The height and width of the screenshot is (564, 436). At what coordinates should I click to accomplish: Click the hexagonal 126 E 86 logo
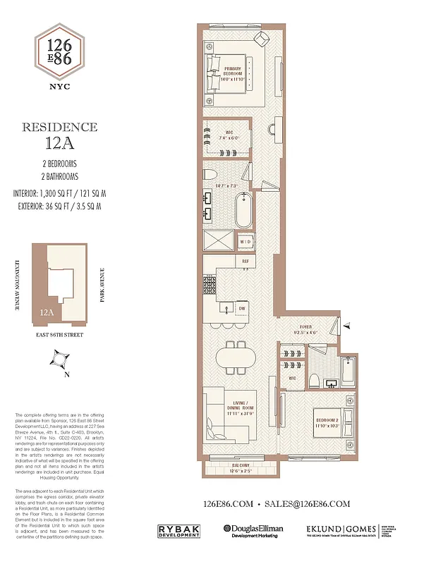coord(59,57)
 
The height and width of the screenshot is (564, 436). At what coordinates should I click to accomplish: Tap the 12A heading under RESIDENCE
coord(59,145)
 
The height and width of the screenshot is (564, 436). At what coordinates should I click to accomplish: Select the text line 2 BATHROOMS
coord(59,176)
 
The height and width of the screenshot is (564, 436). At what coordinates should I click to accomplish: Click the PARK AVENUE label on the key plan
coord(103,283)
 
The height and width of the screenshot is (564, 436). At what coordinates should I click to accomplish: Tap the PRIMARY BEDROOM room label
coord(234,70)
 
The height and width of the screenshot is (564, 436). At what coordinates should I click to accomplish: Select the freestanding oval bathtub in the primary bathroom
coord(243,209)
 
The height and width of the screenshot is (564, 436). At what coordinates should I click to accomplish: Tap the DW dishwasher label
coord(241,307)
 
